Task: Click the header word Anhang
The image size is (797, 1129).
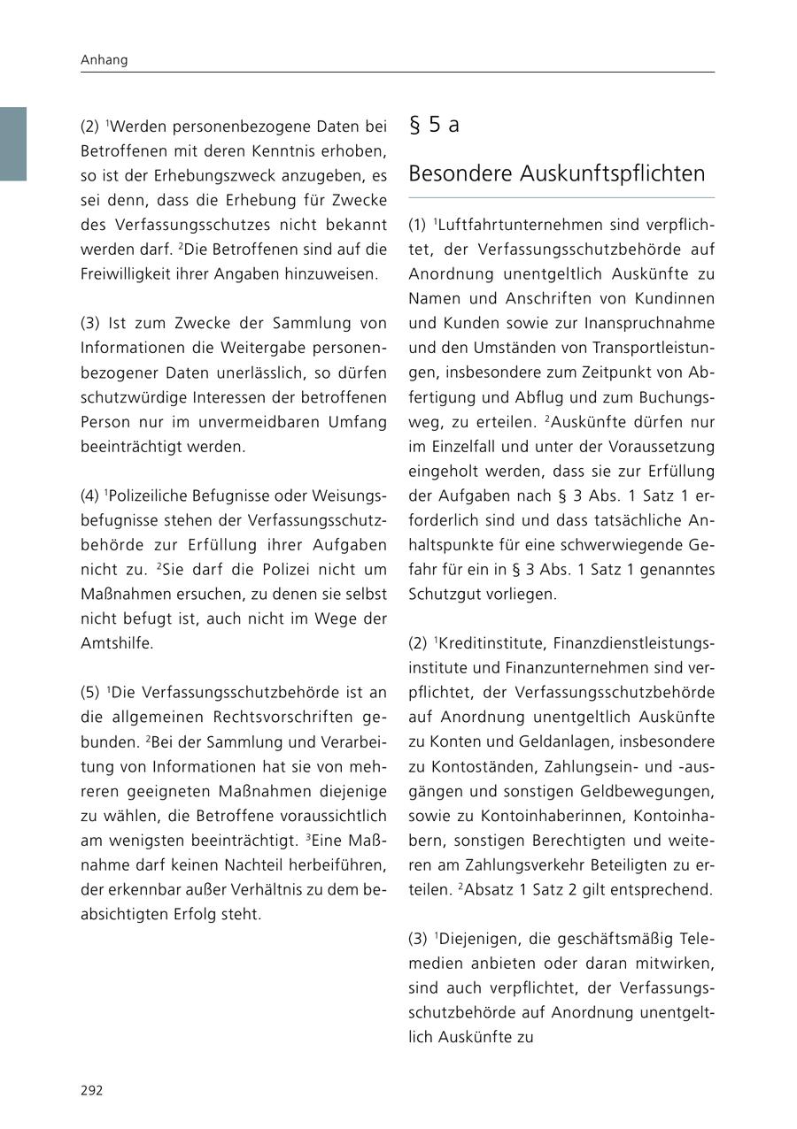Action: (x=104, y=60)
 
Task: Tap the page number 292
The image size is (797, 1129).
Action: (x=92, y=1090)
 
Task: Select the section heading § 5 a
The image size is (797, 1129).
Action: (x=434, y=125)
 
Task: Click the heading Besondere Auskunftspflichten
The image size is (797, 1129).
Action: (x=556, y=173)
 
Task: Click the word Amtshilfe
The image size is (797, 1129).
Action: (x=116, y=643)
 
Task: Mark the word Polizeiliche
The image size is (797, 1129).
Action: (x=154, y=495)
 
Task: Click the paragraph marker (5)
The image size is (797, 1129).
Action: (x=91, y=693)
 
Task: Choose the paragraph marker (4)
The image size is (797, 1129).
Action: (x=91, y=495)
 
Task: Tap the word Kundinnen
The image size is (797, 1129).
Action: (x=676, y=299)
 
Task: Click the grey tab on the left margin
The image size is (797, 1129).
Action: (x=13, y=144)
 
